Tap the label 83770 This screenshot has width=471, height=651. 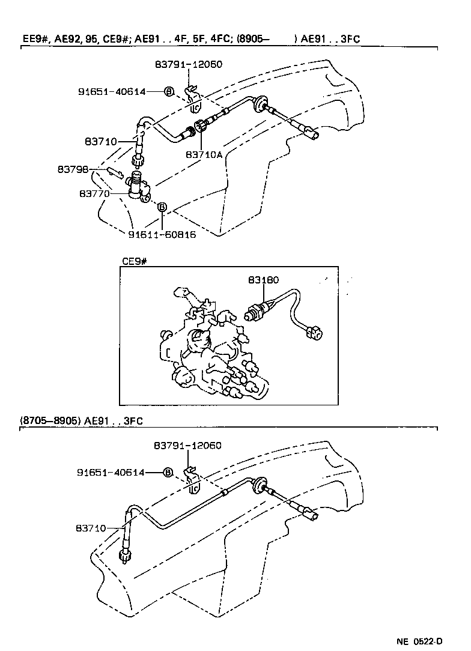click(94, 194)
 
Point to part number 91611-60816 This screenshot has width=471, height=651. click(162, 234)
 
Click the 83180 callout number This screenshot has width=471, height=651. click(263, 280)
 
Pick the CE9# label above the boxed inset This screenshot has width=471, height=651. click(135, 261)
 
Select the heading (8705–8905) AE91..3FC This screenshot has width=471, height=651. click(82, 421)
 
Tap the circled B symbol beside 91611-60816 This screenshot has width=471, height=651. click(162, 207)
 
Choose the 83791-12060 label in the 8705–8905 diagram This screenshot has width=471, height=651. click(187, 446)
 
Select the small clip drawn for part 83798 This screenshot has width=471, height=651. click(115, 172)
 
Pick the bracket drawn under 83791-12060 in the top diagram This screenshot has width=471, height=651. click(193, 99)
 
